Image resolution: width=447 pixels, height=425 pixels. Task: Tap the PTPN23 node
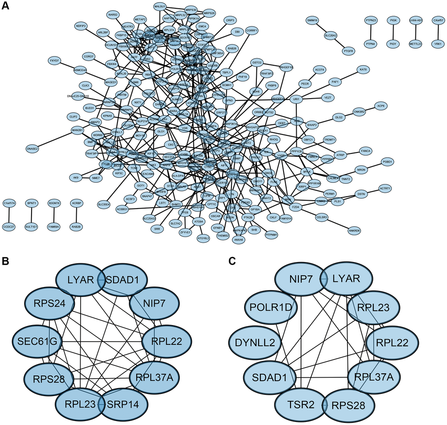(x=371, y=20)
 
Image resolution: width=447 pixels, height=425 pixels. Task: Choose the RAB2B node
(x=77, y=227)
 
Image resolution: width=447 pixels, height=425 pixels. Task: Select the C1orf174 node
(x=9, y=203)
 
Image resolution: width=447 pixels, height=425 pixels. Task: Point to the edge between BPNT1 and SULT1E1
(x=32, y=215)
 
